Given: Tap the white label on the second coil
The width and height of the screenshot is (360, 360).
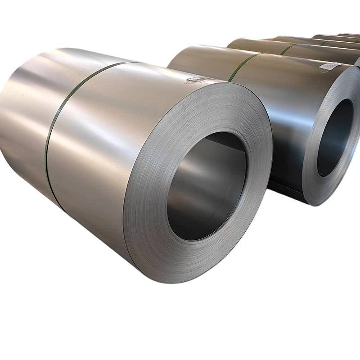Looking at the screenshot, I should pyautogui.click(x=331, y=66).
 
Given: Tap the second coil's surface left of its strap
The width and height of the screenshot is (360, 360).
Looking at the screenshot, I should pyautogui.click(x=198, y=58).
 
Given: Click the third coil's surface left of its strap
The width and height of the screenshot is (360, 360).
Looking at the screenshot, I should pyautogui.click(x=256, y=44).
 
